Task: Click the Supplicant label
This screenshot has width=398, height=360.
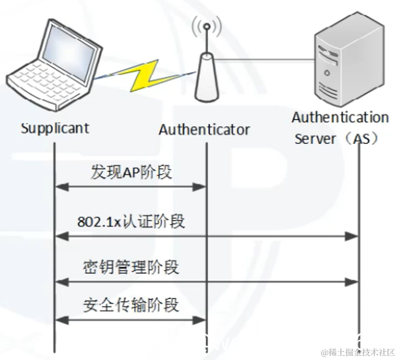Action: (55, 128)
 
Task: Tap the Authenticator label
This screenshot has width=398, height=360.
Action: (204, 130)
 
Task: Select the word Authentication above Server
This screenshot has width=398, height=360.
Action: (340, 117)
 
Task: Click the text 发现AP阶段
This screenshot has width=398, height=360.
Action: (131, 172)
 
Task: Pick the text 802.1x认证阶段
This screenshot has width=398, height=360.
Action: (131, 221)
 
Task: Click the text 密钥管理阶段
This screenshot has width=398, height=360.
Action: (131, 268)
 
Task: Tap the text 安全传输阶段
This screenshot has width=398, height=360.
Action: (131, 305)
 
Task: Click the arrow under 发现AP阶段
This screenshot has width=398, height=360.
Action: (130, 187)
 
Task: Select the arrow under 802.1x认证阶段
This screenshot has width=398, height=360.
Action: (206, 236)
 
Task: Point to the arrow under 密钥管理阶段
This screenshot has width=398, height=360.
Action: (206, 282)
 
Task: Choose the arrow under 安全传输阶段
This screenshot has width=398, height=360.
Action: (130, 320)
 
